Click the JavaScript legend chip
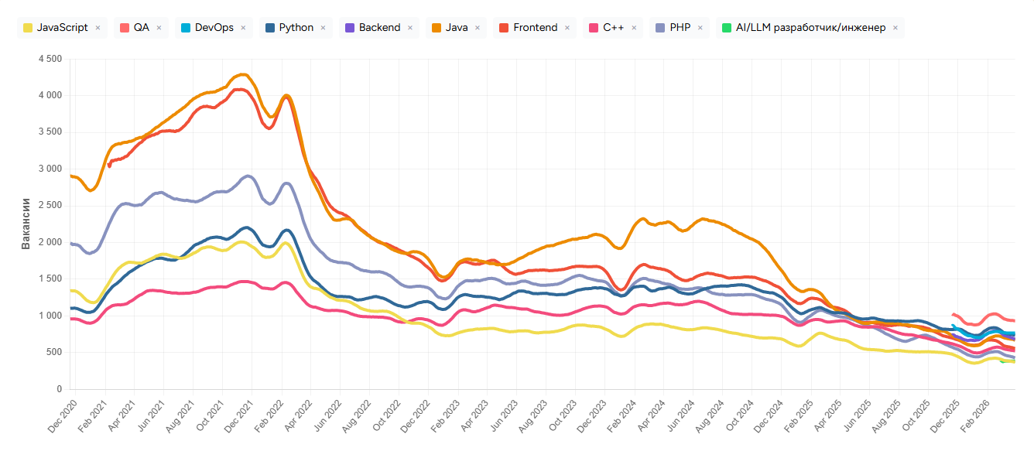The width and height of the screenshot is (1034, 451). pos(61,28)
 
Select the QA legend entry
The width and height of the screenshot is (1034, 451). pos(141,28)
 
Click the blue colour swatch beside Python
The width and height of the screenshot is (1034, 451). pos(270,28)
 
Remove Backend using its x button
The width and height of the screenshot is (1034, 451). pos(409,28)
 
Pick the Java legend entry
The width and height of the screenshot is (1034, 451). pos(456,28)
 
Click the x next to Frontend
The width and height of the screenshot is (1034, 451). pos(567,28)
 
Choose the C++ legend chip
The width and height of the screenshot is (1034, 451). pos(614,28)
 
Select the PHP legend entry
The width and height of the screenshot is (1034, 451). pos(680,28)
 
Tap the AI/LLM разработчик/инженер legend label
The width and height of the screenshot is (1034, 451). pos(809,28)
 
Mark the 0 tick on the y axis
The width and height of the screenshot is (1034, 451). pos(58,389)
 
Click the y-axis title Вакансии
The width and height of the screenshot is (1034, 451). pos(26,224)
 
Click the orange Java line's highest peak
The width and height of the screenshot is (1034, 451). pos(244,74)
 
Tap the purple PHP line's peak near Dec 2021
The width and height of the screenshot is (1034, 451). pos(248,176)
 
